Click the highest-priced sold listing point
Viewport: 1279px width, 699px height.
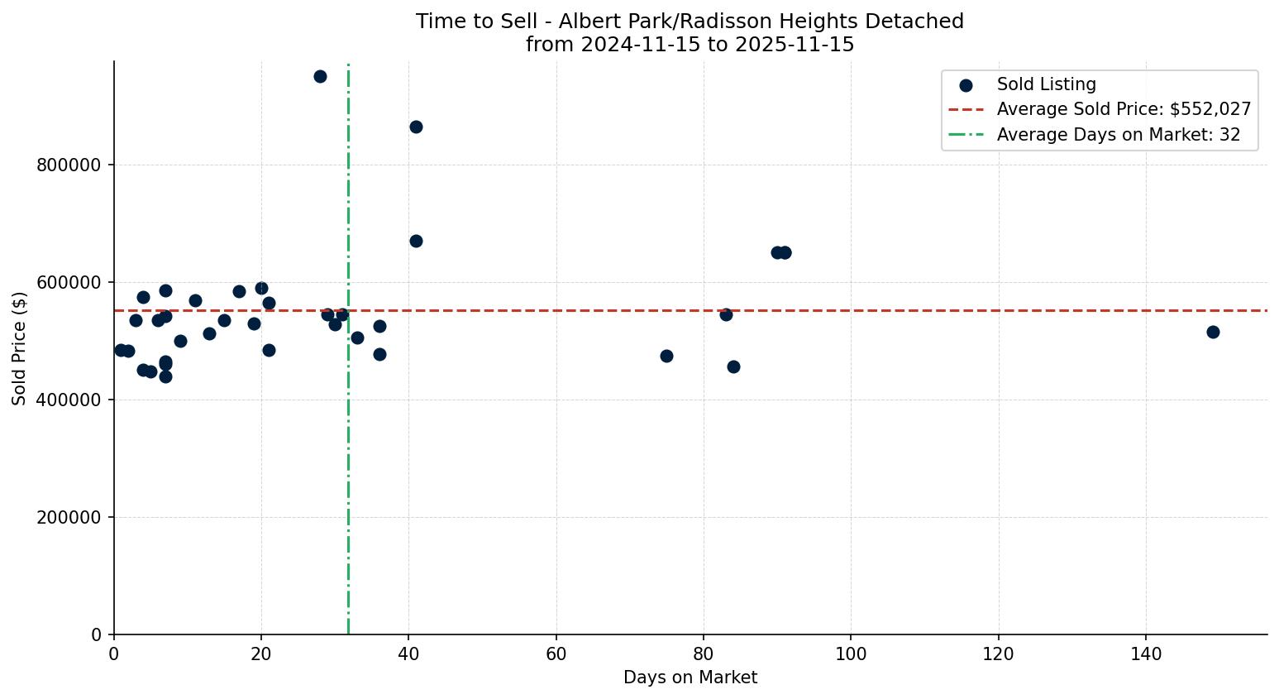tap(320, 76)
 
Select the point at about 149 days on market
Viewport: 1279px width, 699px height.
tap(1213, 332)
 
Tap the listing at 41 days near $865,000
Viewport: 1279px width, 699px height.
tap(416, 127)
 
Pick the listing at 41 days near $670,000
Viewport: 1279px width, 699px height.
tap(416, 241)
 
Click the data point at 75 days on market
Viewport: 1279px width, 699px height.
tap(666, 356)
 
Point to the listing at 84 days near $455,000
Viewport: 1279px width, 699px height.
tap(733, 366)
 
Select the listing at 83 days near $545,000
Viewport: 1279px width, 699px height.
tap(726, 314)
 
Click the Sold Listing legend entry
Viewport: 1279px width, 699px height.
tap(1046, 84)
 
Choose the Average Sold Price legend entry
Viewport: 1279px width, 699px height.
tap(1123, 109)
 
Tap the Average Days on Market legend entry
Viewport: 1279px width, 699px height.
tap(1118, 135)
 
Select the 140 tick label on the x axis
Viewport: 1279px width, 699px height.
tap(1146, 654)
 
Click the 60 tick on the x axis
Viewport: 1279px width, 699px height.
tap(556, 654)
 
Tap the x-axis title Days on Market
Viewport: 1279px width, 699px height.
tap(690, 678)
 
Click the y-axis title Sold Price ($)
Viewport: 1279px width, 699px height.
tap(19, 348)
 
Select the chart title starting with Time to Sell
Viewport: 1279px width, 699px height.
tap(690, 22)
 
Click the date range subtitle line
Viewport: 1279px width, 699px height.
tap(690, 45)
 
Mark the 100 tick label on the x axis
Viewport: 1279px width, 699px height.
tap(851, 654)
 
